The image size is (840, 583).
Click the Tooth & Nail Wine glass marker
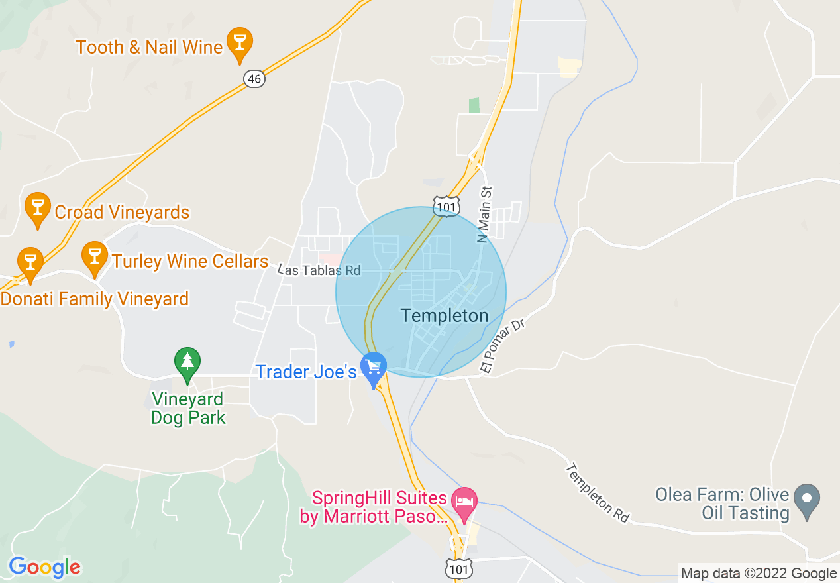[x=239, y=42]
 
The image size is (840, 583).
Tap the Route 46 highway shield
[x=254, y=79]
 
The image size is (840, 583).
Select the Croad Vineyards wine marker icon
[x=37, y=207]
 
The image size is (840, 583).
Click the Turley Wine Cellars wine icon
[x=94, y=256]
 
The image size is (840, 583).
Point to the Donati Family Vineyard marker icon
[x=30, y=262]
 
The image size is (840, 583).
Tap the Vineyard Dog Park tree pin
[x=187, y=362]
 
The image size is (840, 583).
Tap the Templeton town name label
[x=445, y=316]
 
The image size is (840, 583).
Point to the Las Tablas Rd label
[x=320, y=270]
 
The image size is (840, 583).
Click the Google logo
[x=44, y=568]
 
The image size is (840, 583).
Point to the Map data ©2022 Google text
[x=759, y=574]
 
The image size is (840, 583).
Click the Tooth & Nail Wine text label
[x=149, y=47]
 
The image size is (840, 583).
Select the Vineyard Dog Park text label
[x=188, y=409]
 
